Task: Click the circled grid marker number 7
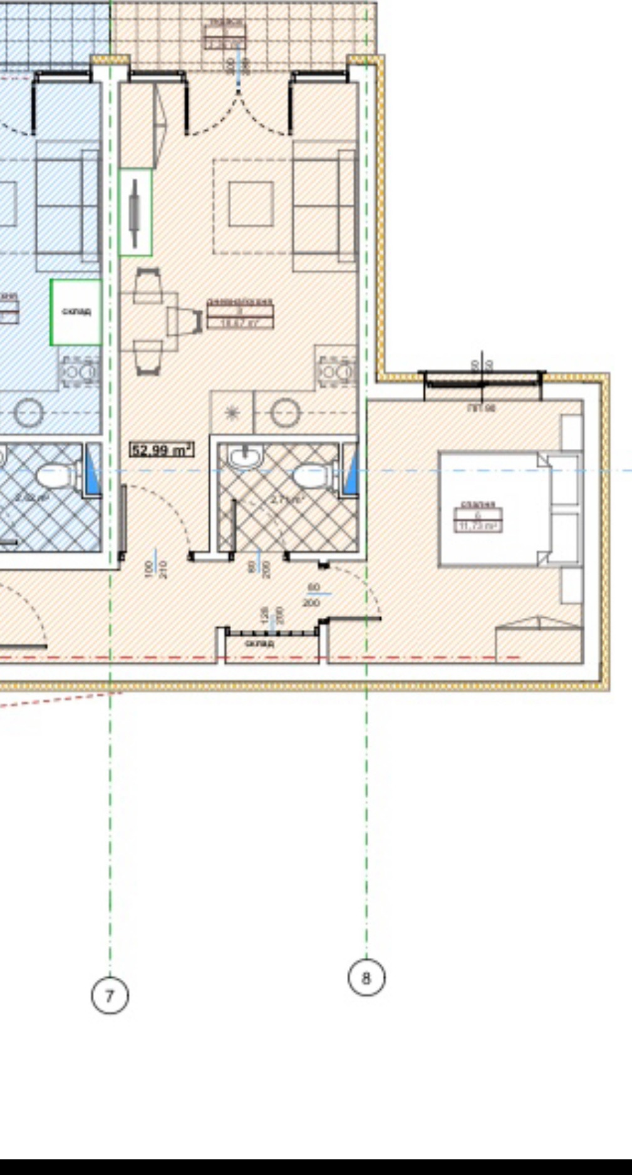click(110, 995)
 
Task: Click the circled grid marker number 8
click(366, 977)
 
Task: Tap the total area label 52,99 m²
click(162, 449)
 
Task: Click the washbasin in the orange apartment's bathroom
click(247, 459)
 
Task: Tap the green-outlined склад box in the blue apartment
click(76, 312)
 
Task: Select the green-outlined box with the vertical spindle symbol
click(135, 212)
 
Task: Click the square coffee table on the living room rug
click(251, 204)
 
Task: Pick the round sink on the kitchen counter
click(287, 413)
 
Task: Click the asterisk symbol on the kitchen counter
click(232, 413)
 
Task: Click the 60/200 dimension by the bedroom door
click(312, 595)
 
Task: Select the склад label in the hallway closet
click(259, 643)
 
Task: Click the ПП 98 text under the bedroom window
click(481, 408)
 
